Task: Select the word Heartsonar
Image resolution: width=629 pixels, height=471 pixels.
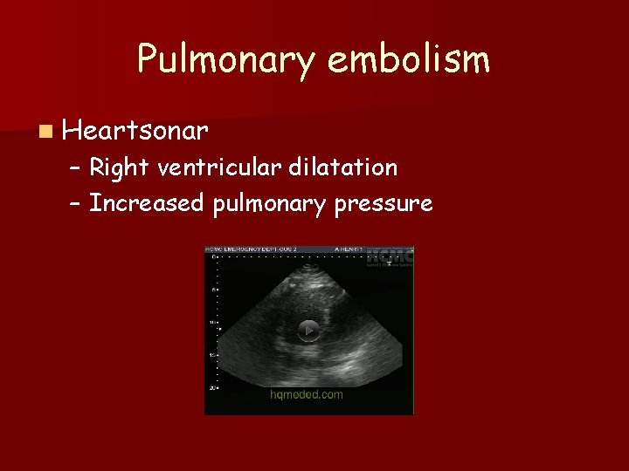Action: pos(135,131)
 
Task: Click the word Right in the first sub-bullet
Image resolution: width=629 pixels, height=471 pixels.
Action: pos(119,167)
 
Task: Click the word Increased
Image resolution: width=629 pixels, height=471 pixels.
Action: pos(146,204)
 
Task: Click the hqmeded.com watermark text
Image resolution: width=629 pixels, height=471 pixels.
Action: pos(306,394)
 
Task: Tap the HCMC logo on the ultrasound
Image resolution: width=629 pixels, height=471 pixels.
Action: pos(390,257)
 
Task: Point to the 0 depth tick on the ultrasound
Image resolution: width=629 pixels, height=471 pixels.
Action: pos(211,256)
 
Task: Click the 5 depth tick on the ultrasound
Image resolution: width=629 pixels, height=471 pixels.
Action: pos(211,290)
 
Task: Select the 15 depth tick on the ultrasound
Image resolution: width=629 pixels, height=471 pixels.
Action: pos(211,355)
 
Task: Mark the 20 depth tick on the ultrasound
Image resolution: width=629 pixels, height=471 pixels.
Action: pos(211,387)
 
